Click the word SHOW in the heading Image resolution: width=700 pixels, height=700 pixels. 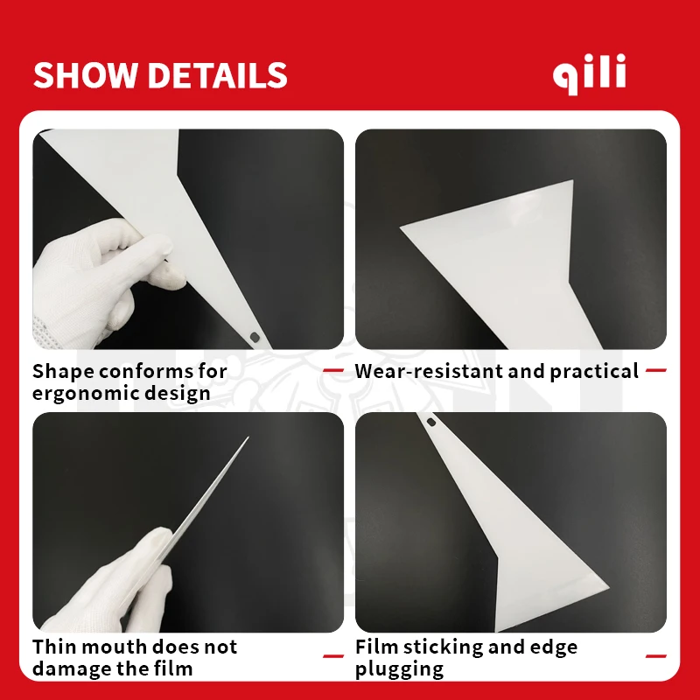pos(85,75)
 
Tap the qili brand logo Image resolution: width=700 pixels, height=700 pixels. pos(590,75)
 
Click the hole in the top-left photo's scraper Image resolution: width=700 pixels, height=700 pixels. pos(255,336)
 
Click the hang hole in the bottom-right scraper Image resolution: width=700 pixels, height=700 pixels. pos(431,423)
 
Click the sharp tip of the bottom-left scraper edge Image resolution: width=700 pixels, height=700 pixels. pos(247,438)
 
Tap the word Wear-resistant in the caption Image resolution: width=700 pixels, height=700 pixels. pos(428,371)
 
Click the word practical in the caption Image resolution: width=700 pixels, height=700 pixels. pos(594,371)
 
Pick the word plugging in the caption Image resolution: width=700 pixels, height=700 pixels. pos(399,669)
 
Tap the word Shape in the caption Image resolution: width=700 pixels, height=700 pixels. pos(62,371)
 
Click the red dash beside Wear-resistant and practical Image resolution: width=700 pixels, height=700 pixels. pos(656,371)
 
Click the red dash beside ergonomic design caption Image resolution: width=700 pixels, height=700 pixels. pos(333,371)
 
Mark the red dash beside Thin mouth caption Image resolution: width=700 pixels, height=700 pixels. pos(333,654)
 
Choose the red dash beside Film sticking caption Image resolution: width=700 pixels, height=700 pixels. pos(656,654)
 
